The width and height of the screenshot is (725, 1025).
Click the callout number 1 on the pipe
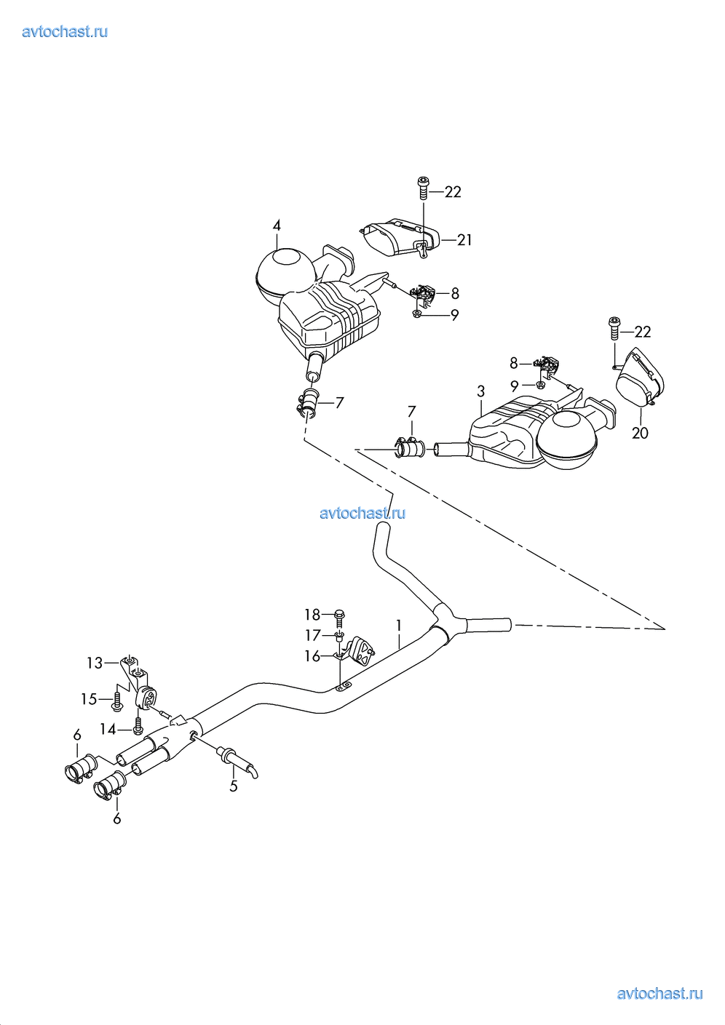point(398,626)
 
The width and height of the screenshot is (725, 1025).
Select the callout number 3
point(480,391)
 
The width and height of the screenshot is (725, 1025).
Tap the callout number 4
point(277,226)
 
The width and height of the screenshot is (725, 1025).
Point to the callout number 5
point(233,786)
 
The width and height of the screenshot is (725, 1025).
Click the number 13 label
point(95,663)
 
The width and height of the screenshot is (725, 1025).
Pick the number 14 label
point(108,729)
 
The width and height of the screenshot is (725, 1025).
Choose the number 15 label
point(89,699)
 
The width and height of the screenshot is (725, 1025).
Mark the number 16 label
point(312,656)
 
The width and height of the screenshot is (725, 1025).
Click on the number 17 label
point(312,636)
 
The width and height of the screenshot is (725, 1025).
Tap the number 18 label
point(312,615)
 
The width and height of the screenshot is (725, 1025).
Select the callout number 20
point(640,433)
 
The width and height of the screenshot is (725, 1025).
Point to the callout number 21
point(464,240)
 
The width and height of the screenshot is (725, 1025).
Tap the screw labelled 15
point(116,701)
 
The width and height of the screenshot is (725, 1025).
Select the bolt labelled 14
point(138,726)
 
